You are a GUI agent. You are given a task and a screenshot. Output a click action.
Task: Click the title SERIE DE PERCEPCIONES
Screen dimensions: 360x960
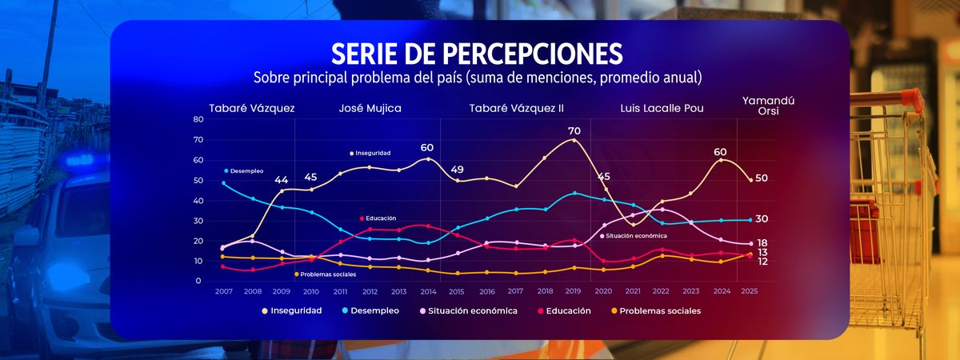coord(477,54)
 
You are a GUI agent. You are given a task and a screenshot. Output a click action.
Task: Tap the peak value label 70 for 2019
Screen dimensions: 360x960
coord(574,130)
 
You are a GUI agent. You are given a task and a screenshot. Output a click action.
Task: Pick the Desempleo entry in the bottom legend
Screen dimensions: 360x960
coord(375,310)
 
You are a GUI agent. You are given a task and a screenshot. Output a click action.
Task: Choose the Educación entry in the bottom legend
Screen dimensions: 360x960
coord(568,310)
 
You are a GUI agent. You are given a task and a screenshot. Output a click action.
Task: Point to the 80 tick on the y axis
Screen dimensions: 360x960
coord(198,119)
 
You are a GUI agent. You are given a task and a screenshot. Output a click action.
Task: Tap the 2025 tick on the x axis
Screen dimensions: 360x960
coord(750,292)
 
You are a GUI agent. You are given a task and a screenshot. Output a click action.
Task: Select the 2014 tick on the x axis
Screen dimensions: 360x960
coord(427,292)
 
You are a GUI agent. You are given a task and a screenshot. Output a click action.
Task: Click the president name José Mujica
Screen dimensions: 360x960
coord(370,108)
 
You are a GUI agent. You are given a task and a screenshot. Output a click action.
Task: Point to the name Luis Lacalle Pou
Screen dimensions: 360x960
coord(662,108)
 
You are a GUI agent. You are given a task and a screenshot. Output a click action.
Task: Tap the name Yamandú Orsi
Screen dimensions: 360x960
coord(762,106)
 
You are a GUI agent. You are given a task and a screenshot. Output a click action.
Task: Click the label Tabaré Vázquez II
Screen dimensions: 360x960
coord(516,108)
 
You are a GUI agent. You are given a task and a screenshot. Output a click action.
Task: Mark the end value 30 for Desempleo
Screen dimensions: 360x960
coord(762,219)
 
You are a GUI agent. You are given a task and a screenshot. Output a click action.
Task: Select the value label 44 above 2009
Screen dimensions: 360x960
coord(281,180)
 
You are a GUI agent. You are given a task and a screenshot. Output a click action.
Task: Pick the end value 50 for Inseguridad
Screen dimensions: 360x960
coord(762,178)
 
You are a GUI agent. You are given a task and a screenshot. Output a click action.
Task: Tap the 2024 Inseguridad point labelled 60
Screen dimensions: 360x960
coord(722,160)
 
